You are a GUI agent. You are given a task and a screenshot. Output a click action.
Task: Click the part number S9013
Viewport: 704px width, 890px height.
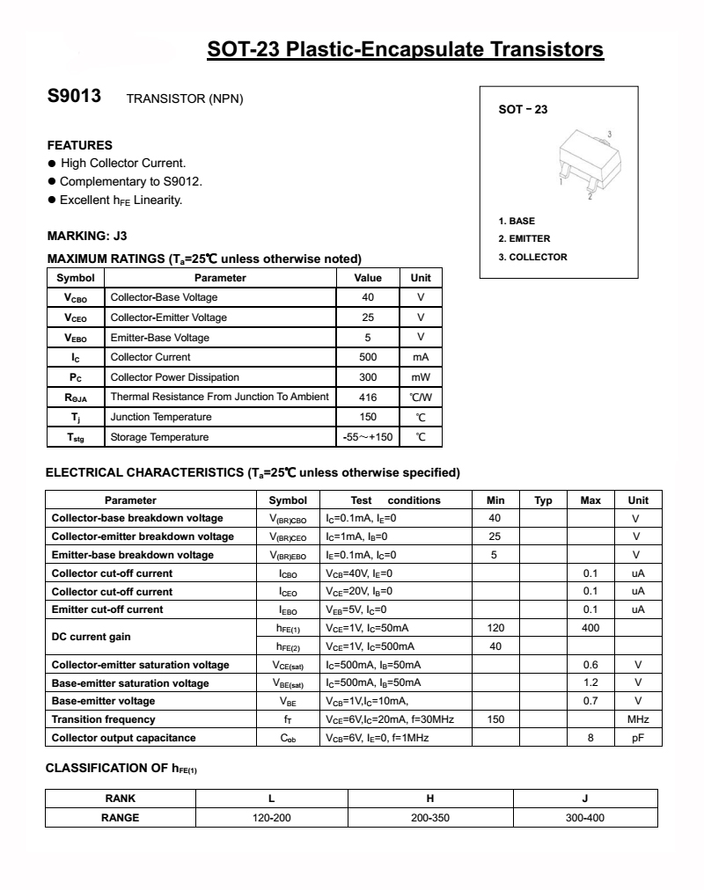pyautogui.click(x=75, y=98)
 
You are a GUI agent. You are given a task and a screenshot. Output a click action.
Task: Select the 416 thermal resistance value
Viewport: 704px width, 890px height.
pyautogui.click(x=368, y=397)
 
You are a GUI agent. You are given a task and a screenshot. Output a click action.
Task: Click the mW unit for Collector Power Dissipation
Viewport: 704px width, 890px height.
pyautogui.click(x=421, y=377)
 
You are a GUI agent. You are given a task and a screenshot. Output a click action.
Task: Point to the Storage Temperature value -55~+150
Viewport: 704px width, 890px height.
pyautogui.click(x=368, y=437)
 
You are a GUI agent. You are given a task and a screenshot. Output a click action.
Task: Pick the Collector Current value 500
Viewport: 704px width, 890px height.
pyautogui.click(x=368, y=357)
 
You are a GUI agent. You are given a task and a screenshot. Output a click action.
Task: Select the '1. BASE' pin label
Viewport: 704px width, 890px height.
pyautogui.click(x=517, y=221)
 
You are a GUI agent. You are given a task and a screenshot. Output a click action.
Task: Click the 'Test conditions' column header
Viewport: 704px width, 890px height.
pyautogui.click(x=395, y=500)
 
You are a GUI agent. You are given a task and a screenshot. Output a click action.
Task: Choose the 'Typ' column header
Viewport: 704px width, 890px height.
pyautogui.click(x=543, y=500)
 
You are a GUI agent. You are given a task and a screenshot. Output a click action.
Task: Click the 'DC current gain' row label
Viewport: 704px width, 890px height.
pyautogui.click(x=91, y=637)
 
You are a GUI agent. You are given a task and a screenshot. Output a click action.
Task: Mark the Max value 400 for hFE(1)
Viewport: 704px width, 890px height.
pyautogui.click(x=590, y=628)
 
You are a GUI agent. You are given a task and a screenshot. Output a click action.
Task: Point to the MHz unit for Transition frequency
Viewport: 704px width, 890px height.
pyautogui.click(x=638, y=719)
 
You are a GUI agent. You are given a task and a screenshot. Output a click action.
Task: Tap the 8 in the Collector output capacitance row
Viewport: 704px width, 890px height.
pyautogui.click(x=590, y=738)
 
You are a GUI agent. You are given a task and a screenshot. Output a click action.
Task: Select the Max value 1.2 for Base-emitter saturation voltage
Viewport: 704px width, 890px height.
pyautogui.click(x=590, y=682)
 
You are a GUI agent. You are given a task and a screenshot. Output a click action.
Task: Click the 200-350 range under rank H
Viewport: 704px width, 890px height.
pyautogui.click(x=430, y=817)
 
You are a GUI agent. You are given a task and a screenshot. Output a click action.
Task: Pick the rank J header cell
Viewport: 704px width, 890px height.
pyautogui.click(x=584, y=799)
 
